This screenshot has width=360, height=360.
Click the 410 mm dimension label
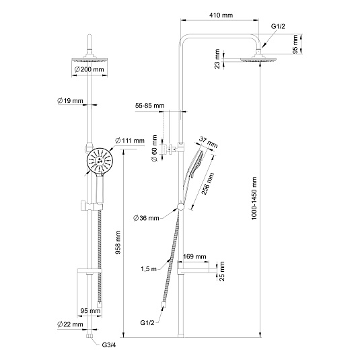(x=221, y=15)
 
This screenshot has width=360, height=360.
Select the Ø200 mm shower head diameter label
(x=89, y=69)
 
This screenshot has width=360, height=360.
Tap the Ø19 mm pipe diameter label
(x=70, y=100)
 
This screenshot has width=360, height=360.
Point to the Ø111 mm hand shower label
(x=130, y=140)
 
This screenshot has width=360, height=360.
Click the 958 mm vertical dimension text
(x=118, y=242)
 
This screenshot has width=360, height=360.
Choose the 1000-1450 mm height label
(x=254, y=198)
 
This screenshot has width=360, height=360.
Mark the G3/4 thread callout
(x=109, y=345)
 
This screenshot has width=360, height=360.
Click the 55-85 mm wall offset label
(x=149, y=106)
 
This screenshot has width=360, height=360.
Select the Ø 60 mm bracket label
(x=154, y=149)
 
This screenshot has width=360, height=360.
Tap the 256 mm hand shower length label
(x=207, y=184)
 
